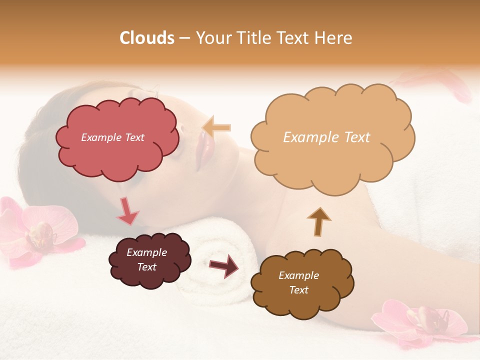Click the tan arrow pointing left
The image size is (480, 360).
[217, 127]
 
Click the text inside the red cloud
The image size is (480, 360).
[112, 137]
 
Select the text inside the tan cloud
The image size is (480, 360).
[326, 137]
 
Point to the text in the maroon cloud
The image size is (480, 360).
[146, 260]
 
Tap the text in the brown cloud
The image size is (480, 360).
[298, 282]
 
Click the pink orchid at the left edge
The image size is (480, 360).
[35, 230]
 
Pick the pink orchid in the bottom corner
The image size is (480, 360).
[420, 322]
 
